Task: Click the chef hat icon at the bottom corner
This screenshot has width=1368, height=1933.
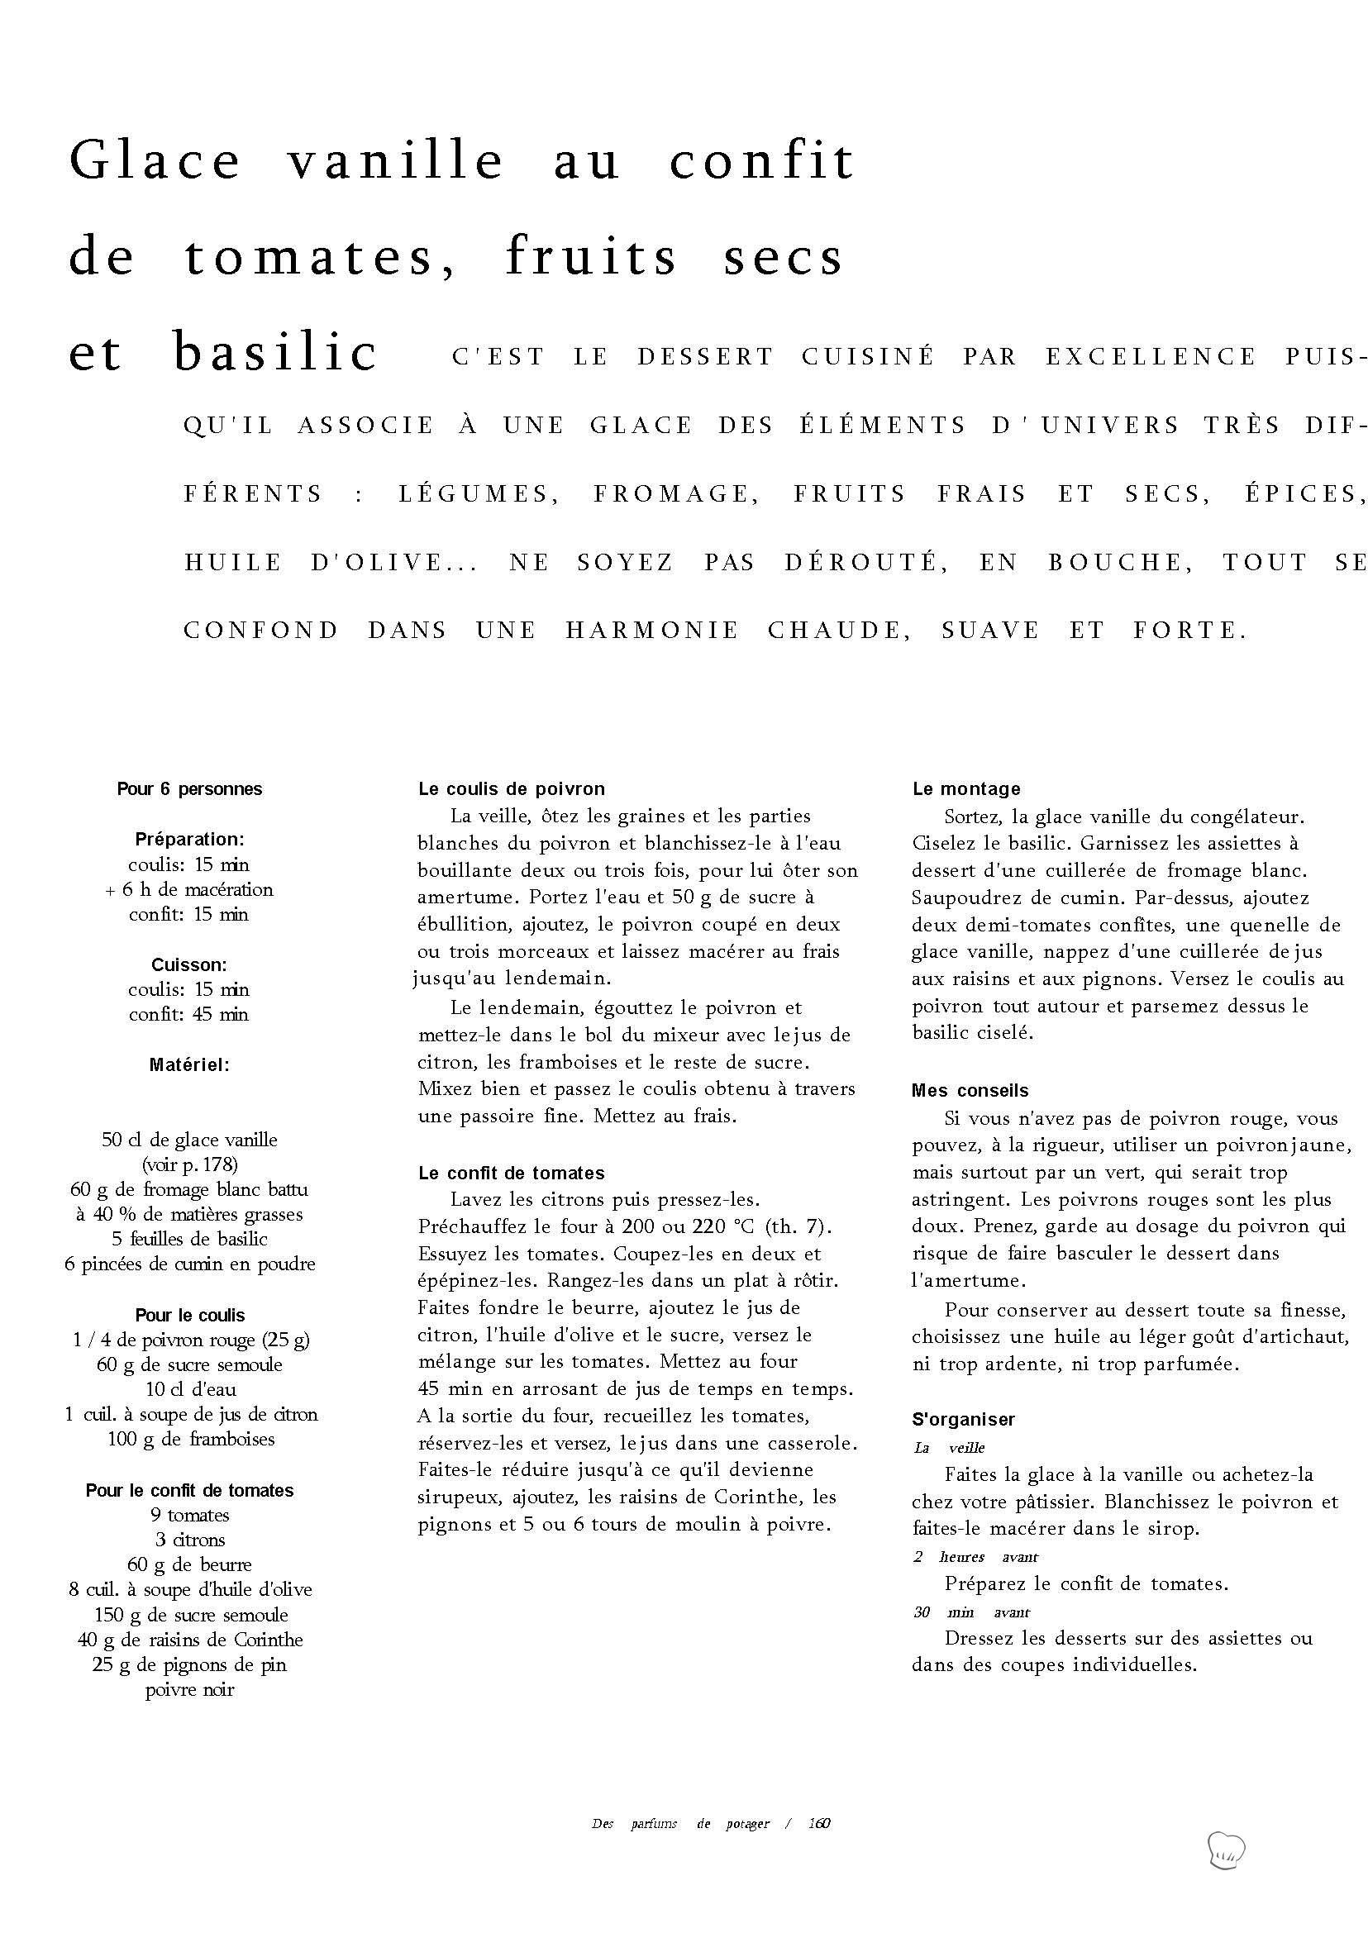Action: pyautogui.click(x=1226, y=1850)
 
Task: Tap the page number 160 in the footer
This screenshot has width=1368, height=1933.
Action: pyautogui.click(x=819, y=1824)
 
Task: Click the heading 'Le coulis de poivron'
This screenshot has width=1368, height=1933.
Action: pyautogui.click(x=512, y=789)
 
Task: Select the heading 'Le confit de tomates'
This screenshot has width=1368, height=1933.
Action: pyautogui.click(x=512, y=1173)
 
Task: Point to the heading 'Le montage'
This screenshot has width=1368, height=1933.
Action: pyautogui.click(x=966, y=789)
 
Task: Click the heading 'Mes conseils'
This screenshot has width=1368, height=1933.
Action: pyautogui.click(x=970, y=1091)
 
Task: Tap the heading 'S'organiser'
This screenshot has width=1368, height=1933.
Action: pyautogui.click(x=963, y=1419)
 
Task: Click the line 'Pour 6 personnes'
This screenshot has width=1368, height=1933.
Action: pyautogui.click(x=189, y=789)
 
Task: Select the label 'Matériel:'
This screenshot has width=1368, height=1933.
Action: pyautogui.click(x=189, y=1064)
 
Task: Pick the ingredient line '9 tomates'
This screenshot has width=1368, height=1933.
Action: pyautogui.click(x=189, y=1515)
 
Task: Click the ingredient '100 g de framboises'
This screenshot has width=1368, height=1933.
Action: pyautogui.click(x=190, y=1439)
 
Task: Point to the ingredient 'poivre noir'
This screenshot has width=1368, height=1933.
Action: pyautogui.click(x=189, y=1689)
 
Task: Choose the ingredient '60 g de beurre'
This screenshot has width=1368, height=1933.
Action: pyautogui.click(x=189, y=1565)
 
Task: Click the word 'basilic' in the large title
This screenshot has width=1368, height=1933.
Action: pyautogui.click(x=274, y=352)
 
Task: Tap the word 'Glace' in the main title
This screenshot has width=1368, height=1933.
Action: pyautogui.click(x=155, y=160)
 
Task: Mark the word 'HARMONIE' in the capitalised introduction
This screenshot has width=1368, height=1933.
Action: pyautogui.click(x=652, y=630)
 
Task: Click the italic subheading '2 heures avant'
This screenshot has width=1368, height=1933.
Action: pyautogui.click(x=975, y=1556)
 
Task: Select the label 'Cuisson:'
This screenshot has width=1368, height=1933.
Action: pyautogui.click(x=189, y=964)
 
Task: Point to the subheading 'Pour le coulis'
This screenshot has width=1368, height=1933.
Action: pyautogui.click(x=189, y=1315)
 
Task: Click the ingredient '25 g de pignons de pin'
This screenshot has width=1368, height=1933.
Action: pyautogui.click(x=189, y=1664)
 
